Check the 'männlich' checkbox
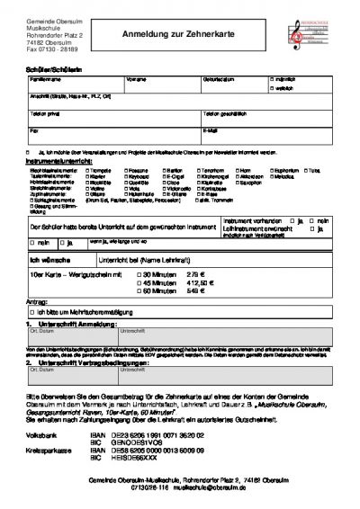pos(273,80)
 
